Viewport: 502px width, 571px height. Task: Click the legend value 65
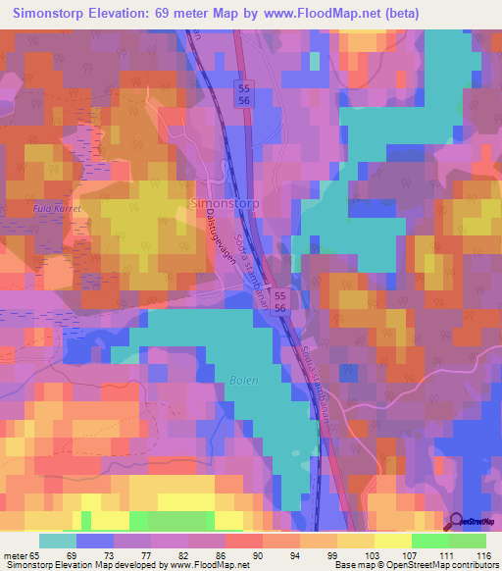36,554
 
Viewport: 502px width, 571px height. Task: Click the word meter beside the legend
14,554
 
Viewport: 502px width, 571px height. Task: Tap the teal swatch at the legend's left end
57,541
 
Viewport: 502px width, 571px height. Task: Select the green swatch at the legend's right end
467,541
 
